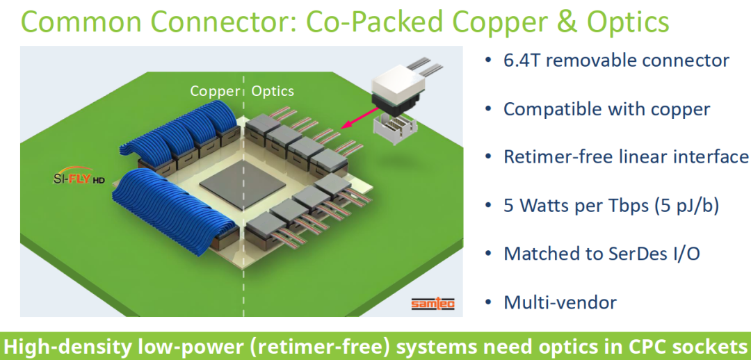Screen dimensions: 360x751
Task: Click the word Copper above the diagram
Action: tap(214, 91)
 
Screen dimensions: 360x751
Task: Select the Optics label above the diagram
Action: tap(273, 91)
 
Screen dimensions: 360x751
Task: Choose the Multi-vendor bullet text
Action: tap(560, 302)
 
